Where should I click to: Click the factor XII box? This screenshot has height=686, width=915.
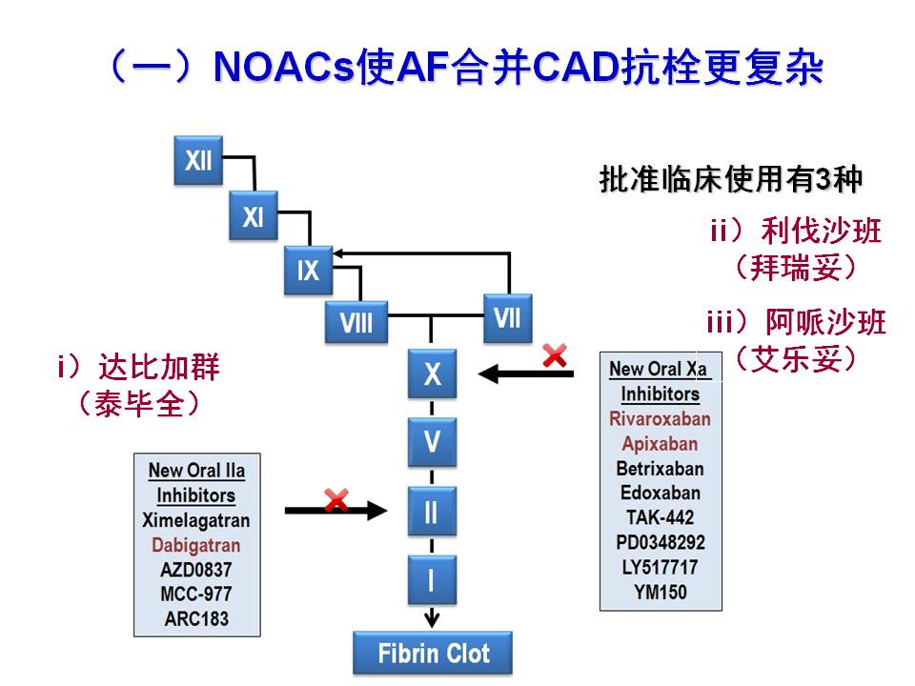pyautogui.click(x=198, y=160)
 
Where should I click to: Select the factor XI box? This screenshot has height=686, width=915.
pyautogui.click(x=253, y=215)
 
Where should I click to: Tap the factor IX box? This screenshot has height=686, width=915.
pyautogui.click(x=308, y=271)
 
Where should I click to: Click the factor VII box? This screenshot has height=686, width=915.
pyautogui.click(x=507, y=317)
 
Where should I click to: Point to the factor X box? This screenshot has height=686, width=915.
pyautogui.click(x=432, y=373)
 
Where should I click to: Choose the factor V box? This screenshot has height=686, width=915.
pyautogui.click(x=432, y=442)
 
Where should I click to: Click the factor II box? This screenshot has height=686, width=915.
pyautogui.click(x=432, y=512)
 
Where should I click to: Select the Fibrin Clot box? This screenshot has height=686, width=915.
pyautogui.click(x=433, y=654)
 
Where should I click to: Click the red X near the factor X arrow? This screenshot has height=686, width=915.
pyautogui.click(x=554, y=356)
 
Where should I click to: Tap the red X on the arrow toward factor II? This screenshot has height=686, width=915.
pyautogui.click(x=335, y=499)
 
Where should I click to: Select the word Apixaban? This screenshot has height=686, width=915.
pyautogui.click(x=660, y=443)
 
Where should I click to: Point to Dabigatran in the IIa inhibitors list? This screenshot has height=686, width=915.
pyautogui.click(x=196, y=545)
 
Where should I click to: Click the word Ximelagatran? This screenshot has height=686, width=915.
pyautogui.click(x=195, y=520)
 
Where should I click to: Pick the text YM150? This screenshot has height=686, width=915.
pyautogui.click(x=661, y=592)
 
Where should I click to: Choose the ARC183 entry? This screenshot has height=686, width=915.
pyautogui.click(x=195, y=618)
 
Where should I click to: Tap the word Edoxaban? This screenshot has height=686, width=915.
pyautogui.click(x=660, y=493)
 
